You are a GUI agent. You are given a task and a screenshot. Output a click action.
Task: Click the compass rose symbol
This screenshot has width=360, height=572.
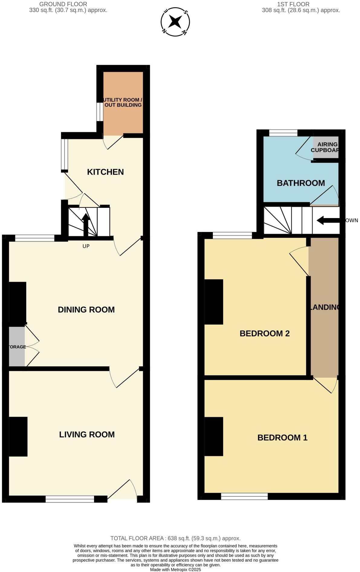175,22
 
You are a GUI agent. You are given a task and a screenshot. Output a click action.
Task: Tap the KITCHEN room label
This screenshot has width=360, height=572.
105,172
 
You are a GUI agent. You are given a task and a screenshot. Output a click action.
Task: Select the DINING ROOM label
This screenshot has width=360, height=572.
86,309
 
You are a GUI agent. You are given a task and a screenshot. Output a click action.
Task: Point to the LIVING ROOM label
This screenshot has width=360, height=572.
87,434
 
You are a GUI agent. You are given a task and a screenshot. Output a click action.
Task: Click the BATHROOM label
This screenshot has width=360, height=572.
301,183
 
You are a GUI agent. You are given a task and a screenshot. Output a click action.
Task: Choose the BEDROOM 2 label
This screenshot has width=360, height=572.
264,333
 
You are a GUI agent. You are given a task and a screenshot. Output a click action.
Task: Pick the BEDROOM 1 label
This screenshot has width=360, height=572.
282,437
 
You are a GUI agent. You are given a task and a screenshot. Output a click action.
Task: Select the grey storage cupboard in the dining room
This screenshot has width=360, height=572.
17,347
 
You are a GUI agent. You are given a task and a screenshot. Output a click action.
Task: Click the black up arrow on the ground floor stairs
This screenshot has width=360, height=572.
86,224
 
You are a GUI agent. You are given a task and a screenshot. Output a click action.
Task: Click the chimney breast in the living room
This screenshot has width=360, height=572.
18,436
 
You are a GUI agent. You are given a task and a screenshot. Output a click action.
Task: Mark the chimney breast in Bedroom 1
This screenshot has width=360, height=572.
214,436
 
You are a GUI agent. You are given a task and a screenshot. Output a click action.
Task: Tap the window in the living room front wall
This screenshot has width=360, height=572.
70,499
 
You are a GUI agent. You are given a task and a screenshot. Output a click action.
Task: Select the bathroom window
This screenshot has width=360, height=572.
283,133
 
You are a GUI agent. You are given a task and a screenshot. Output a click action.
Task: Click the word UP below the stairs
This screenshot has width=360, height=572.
86,246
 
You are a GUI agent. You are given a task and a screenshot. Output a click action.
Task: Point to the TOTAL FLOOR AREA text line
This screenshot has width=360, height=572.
175,538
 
